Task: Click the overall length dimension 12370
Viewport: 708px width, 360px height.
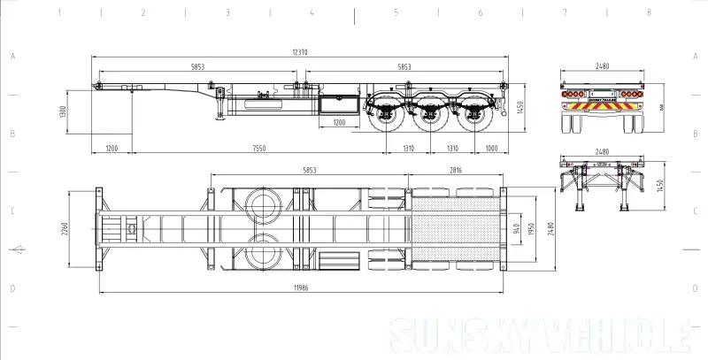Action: [300, 52]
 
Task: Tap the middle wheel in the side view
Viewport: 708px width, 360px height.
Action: [430, 119]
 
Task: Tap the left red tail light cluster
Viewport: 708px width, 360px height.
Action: [573, 93]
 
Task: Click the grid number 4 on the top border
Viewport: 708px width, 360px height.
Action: [312, 13]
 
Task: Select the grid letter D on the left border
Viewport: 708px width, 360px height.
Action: [12, 288]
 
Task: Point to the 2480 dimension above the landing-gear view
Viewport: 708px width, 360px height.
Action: [602, 150]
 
